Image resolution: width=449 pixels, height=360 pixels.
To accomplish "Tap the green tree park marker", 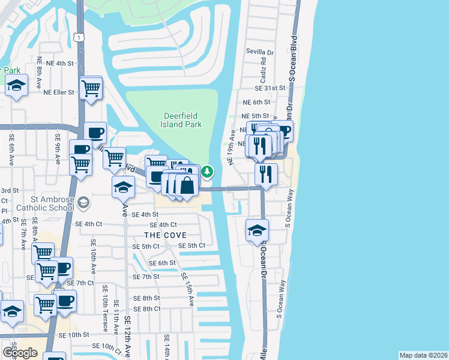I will click(x=207, y=172).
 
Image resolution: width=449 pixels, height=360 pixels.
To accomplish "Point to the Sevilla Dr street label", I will click(x=259, y=52).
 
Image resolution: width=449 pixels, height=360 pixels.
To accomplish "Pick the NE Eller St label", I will click(x=59, y=92).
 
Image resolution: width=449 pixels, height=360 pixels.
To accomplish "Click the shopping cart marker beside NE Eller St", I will click(x=91, y=88).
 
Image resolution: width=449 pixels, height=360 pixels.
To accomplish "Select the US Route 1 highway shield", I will click(x=79, y=37).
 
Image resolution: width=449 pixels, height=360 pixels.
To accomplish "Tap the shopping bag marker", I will click(x=187, y=185).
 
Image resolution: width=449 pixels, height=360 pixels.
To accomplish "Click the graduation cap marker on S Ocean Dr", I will click(x=256, y=230).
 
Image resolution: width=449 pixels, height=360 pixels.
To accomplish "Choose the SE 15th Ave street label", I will click(x=187, y=287).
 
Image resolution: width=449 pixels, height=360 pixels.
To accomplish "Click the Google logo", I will click(x=20, y=353).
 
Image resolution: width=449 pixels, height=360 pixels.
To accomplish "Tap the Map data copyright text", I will click(x=423, y=355).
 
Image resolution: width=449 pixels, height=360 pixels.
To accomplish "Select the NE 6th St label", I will click(x=256, y=103).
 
